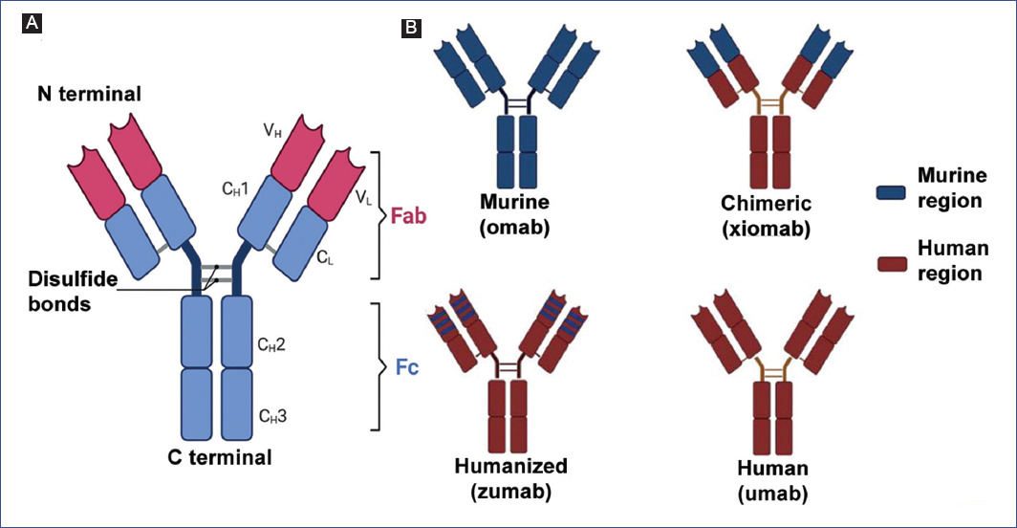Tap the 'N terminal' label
pyautogui.click(x=89, y=94)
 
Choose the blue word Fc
pyautogui.click(x=407, y=367)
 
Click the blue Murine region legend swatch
pyautogui.click(x=894, y=191)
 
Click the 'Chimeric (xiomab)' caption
pyautogui.click(x=767, y=215)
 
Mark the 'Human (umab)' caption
pyautogui.click(x=772, y=481)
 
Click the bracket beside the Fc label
pyautogui.click(x=376, y=367)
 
